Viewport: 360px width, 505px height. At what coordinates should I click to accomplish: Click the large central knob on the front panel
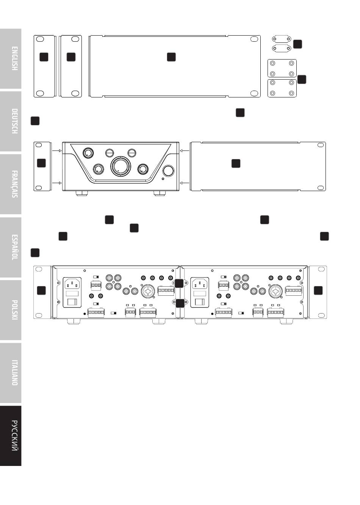click(121, 166)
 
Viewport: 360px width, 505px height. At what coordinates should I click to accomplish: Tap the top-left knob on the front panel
click(88, 153)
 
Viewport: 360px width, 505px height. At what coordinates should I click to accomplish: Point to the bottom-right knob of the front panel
click(144, 169)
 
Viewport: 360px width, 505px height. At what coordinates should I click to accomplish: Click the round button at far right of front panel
click(168, 171)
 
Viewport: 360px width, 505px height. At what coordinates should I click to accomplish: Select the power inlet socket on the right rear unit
click(199, 283)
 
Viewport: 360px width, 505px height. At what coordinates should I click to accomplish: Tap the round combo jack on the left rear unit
click(147, 291)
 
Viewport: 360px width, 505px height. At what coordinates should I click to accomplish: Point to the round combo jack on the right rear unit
click(275, 291)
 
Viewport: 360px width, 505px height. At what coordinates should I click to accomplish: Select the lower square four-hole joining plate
click(282, 88)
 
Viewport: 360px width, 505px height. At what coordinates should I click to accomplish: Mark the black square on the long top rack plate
click(171, 57)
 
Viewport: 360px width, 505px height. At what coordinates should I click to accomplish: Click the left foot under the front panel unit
click(82, 193)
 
